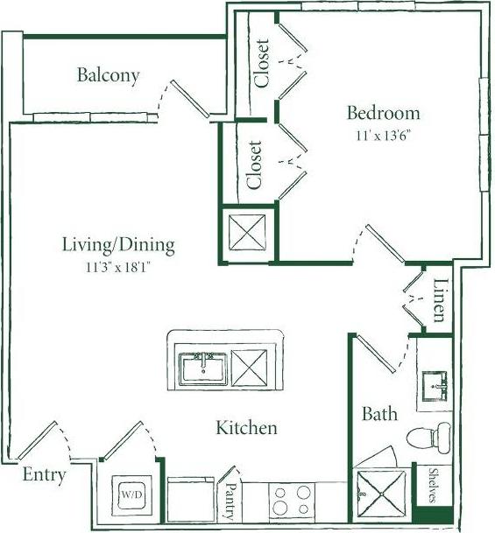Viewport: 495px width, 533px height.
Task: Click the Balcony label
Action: (108, 75)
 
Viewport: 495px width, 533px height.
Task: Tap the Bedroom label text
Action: (383, 113)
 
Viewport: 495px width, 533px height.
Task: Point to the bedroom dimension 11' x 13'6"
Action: (383, 136)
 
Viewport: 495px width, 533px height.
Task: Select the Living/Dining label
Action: (118, 244)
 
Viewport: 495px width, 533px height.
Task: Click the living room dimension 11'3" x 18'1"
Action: (118, 263)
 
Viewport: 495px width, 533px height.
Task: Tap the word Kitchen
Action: (246, 428)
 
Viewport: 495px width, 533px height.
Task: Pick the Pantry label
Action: (232, 501)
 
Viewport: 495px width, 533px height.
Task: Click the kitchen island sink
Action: (204, 368)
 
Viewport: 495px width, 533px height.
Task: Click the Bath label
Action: (379, 413)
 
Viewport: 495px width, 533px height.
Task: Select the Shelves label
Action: (433, 486)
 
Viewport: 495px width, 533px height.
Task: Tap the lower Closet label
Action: (254, 165)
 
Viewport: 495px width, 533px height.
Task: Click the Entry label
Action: (43, 475)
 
